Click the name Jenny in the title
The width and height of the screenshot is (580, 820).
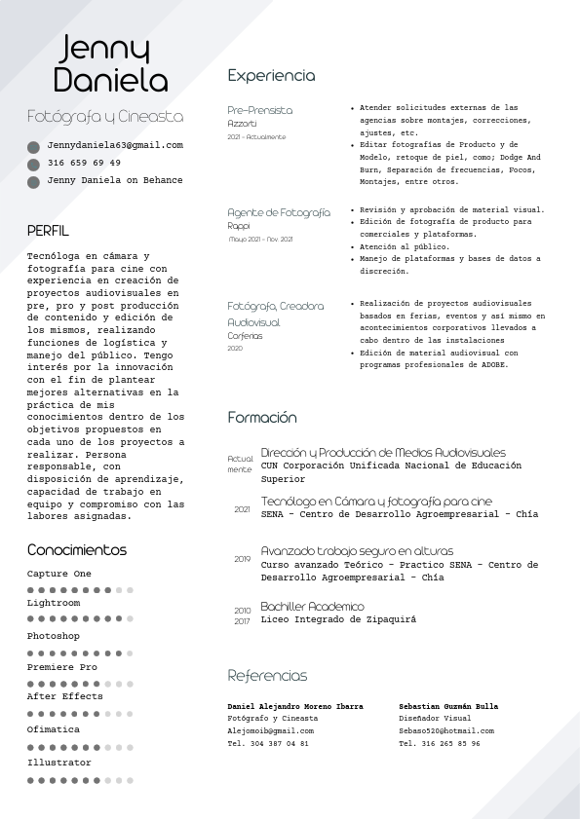click(104, 48)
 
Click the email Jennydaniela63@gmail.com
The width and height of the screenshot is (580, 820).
click(115, 145)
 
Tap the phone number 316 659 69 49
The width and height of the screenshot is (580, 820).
click(84, 163)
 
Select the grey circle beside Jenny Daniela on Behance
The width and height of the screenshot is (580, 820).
click(33, 181)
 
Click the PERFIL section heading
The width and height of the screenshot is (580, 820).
click(48, 231)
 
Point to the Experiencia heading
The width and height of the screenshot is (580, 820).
click(271, 75)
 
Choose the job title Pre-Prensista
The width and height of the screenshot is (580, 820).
click(259, 110)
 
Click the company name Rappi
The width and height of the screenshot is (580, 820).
click(239, 226)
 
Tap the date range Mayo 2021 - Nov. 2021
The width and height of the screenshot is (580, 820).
click(260, 239)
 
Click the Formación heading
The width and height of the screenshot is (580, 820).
click(262, 418)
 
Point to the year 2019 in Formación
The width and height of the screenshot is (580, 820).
click(243, 559)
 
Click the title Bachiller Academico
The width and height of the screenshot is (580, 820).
click(312, 607)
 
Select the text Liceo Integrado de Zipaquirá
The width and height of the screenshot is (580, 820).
click(338, 619)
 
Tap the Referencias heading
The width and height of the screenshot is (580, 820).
click(267, 676)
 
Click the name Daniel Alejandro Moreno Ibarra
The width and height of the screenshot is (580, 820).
click(295, 706)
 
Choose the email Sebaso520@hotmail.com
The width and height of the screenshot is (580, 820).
click(446, 730)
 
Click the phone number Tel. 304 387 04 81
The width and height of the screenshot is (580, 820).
click(268, 743)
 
